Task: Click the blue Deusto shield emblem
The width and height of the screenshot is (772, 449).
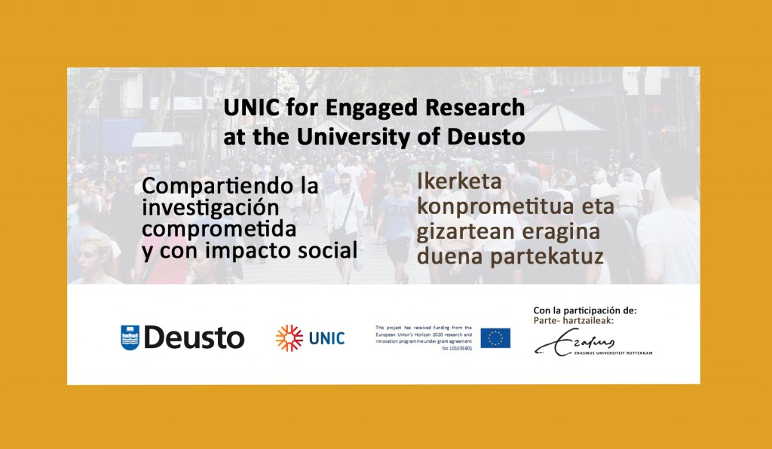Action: pos(130,338)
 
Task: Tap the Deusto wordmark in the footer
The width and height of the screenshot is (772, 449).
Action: pos(193,338)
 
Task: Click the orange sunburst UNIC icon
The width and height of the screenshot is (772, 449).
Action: pos(289,338)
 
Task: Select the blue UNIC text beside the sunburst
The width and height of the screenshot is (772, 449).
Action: pos(326,338)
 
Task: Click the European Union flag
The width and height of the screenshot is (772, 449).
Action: pos(495,338)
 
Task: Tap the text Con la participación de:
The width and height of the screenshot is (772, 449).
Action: pos(579,310)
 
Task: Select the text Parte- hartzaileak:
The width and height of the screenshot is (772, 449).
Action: pos(571,319)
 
